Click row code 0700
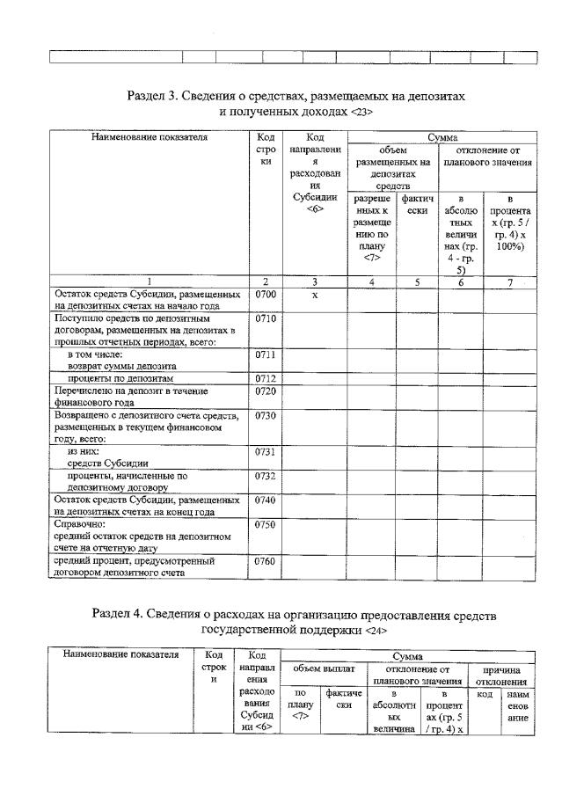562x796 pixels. click(265, 295)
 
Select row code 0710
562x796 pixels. click(265, 318)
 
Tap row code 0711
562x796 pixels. click(265, 354)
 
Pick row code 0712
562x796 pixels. click(265, 379)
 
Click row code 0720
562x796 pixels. click(265, 391)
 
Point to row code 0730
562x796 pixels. click(265, 415)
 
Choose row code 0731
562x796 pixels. click(265, 451)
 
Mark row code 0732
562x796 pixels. click(265, 476)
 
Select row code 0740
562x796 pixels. click(265, 500)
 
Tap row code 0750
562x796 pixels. click(265, 524)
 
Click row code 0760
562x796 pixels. click(265, 560)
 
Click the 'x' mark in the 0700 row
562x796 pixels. click(314, 295)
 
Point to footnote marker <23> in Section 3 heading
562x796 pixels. click(361, 113)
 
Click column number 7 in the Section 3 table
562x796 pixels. click(512, 282)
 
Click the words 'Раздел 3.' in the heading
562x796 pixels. click(153, 96)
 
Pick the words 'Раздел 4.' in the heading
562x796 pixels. click(119, 615)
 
